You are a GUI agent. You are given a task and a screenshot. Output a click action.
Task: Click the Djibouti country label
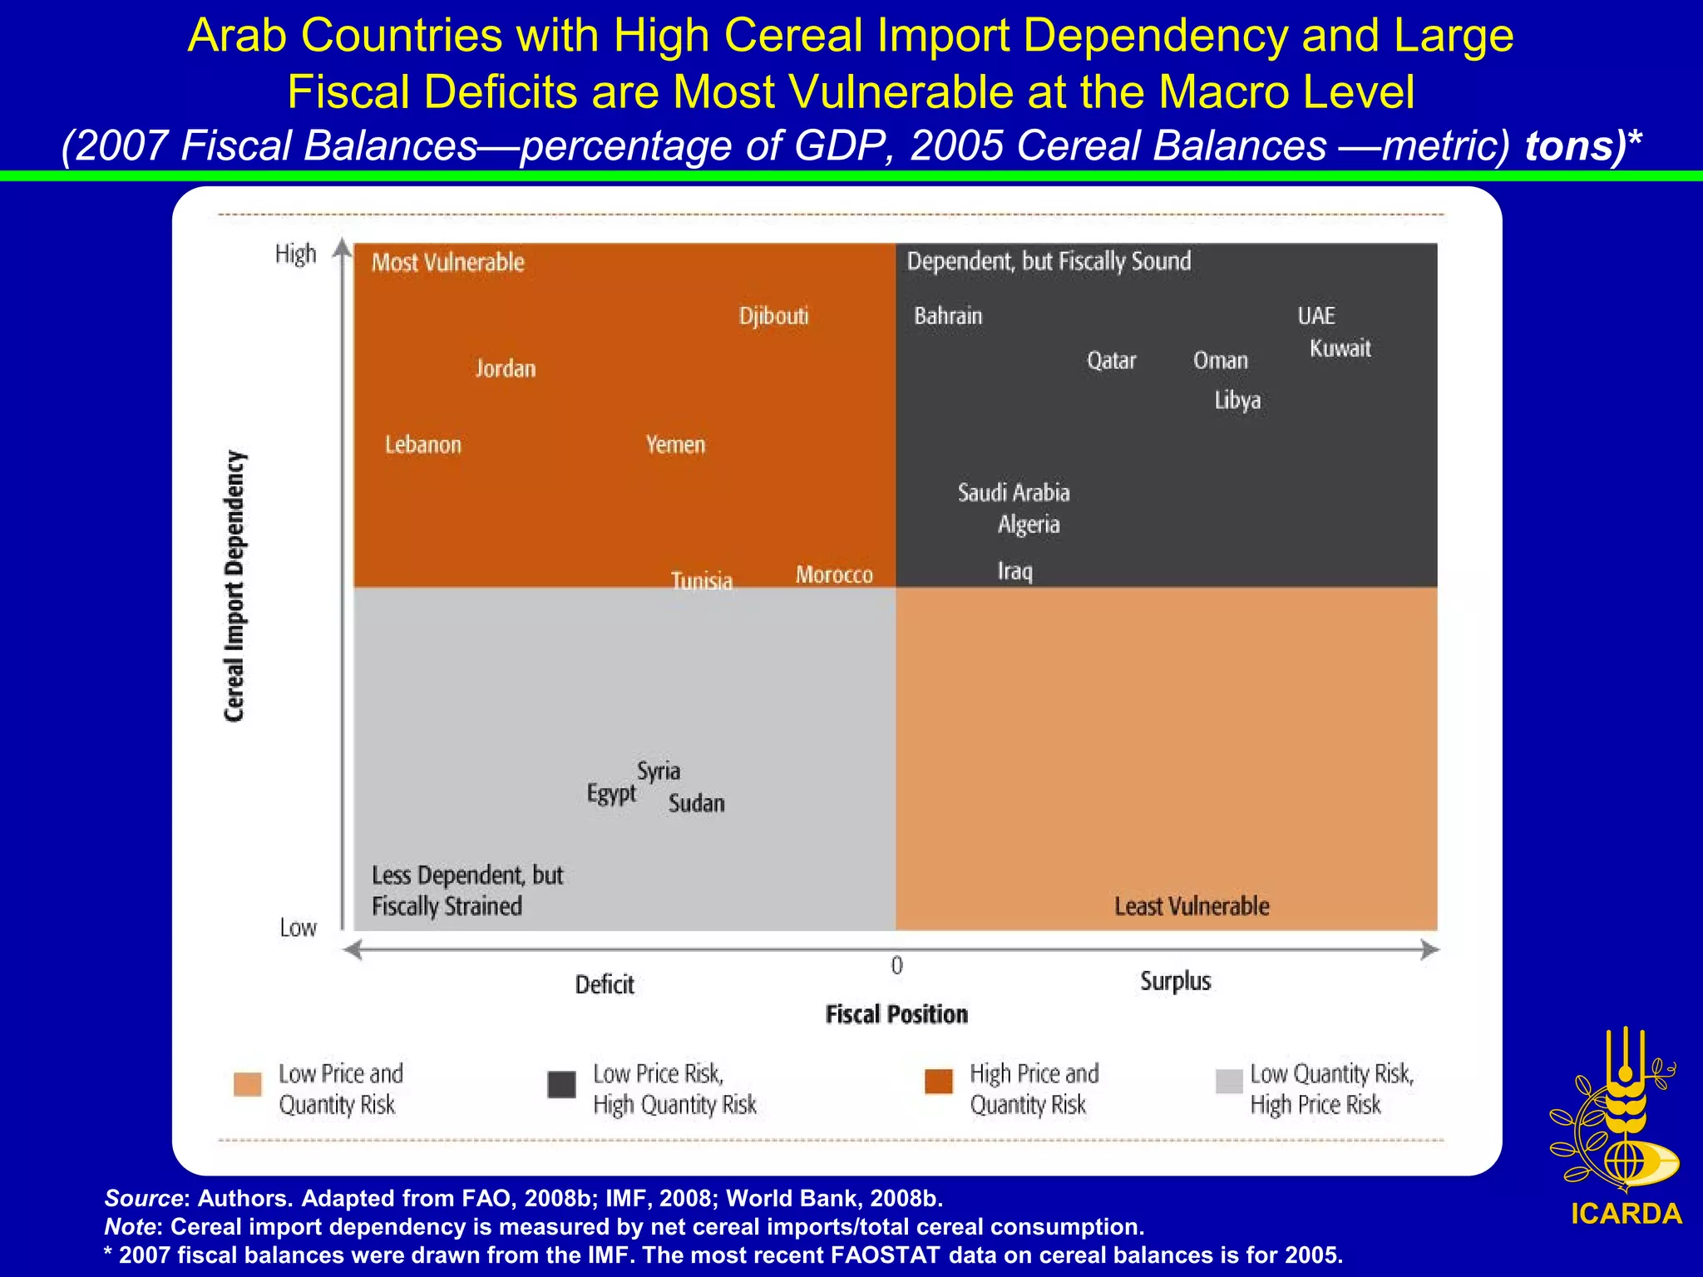pyautogui.click(x=773, y=316)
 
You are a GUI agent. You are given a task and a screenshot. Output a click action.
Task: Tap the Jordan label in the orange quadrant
pyautogui.click(x=506, y=368)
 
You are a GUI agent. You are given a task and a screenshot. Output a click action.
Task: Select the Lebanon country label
pyautogui.click(x=422, y=445)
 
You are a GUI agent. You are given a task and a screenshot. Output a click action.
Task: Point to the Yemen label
pyautogui.click(x=675, y=445)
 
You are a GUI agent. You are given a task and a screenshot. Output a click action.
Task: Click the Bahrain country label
pyautogui.click(x=948, y=316)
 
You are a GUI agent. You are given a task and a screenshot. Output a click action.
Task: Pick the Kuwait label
pyautogui.click(x=1340, y=348)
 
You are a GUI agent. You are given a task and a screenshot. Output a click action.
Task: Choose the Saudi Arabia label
pyautogui.click(x=1014, y=492)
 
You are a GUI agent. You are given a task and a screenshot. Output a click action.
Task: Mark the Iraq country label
pyautogui.click(x=1014, y=571)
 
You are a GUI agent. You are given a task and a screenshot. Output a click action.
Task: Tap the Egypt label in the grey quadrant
pyautogui.click(x=611, y=793)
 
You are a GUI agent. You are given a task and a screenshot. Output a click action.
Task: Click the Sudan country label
pyautogui.click(x=697, y=803)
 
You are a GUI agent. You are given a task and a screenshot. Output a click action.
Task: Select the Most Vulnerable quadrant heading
pyautogui.click(x=447, y=263)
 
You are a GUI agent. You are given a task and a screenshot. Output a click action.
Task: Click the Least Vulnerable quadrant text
pyautogui.click(x=1192, y=906)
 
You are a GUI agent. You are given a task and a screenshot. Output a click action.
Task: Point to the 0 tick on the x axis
pyautogui.click(x=896, y=965)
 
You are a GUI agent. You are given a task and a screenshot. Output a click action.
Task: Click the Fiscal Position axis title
pyautogui.click(x=896, y=1014)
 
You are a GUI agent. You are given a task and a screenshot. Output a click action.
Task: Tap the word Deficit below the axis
pyautogui.click(x=605, y=985)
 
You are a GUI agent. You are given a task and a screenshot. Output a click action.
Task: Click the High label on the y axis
pyautogui.click(x=296, y=254)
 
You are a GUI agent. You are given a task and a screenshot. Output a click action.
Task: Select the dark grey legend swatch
pyautogui.click(x=562, y=1084)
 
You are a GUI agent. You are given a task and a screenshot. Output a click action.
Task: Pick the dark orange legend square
pyautogui.click(x=939, y=1082)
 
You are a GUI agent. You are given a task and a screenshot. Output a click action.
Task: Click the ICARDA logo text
pyautogui.click(x=1626, y=1214)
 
